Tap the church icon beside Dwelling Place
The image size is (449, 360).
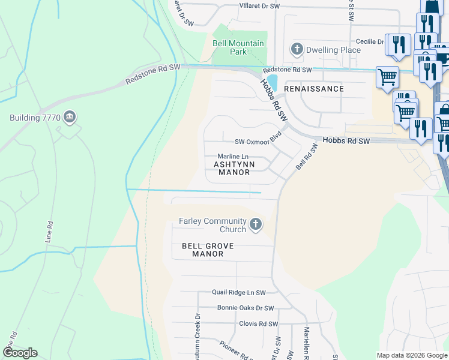click(297, 49)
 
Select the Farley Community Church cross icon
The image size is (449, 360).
click(256, 224)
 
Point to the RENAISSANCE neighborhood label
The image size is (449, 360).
click(314, 89)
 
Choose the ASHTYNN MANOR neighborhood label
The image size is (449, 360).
click(234, 168)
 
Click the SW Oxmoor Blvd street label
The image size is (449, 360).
click(258, 141)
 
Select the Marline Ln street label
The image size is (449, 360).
click(233, 157)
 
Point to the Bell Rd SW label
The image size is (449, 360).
click(306, 156)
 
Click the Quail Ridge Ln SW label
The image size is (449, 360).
click(238, 293)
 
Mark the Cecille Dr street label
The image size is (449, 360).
click(369, 41)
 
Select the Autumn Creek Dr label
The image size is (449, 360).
click(196, 336)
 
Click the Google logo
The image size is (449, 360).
click(20, 353)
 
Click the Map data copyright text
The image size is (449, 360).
click(412, 355)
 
